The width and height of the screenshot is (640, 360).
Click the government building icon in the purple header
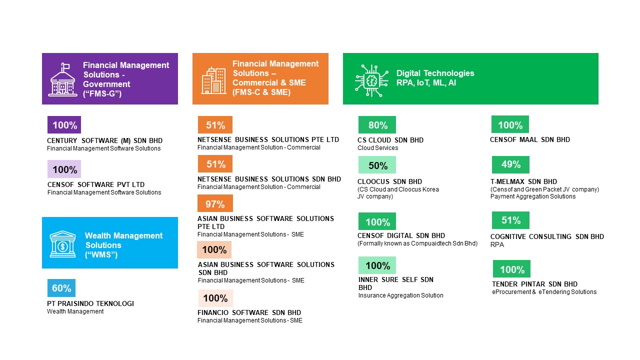[x=62, y=79]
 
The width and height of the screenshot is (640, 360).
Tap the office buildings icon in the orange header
[x=213, y=80]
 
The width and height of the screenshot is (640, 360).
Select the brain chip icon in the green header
[x=371, y=81]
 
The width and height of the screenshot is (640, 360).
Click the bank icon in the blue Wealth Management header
[x=62, y=244]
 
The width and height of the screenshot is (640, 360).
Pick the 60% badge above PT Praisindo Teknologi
[x=61, y=288]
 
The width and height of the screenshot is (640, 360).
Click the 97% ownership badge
[x=215, y=203]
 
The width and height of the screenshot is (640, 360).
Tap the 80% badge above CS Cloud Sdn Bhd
[x=377, y=125]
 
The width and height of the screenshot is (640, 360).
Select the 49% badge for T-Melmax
[x=510, y=164]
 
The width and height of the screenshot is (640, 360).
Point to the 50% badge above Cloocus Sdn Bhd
[x=377, y=165]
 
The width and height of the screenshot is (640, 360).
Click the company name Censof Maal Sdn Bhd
[x=530, y=139]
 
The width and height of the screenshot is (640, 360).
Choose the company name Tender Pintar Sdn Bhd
[x=534, y=284]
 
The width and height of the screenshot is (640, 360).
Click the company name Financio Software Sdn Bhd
[x=249, y=312]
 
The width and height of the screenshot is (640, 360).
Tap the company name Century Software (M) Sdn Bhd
[x=104, y=140]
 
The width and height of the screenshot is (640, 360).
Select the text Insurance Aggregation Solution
[x=401, y=295]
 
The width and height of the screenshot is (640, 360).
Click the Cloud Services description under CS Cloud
[x=377, y=148]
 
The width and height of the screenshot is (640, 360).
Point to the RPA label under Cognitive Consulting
[x=497, y=244]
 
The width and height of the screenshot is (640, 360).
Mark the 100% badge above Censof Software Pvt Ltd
[x=64, y=169]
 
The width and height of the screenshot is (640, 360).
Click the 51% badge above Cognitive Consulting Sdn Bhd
[x=510, y=220]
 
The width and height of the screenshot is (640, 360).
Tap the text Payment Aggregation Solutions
[x=533, y=196]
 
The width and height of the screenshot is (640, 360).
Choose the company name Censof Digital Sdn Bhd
[x=401, y=235]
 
